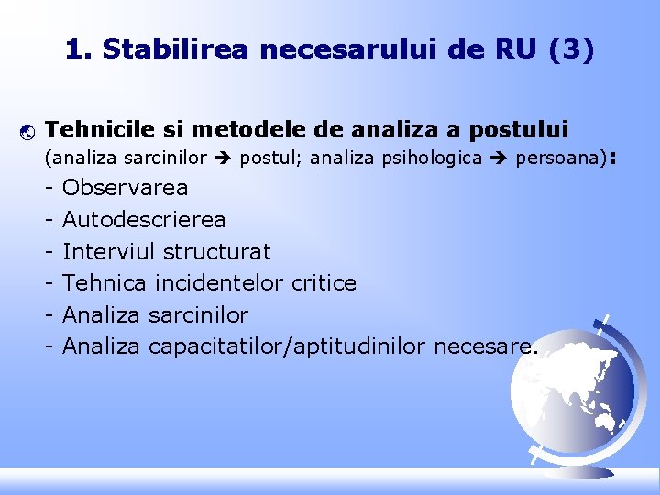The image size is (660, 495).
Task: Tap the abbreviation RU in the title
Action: [518, 49]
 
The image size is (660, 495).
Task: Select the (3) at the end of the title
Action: [572, 49]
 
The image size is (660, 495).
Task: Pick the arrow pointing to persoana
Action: [499, 159]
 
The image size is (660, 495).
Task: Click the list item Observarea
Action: [125, 188]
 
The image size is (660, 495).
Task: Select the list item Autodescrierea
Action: [144, 220]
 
